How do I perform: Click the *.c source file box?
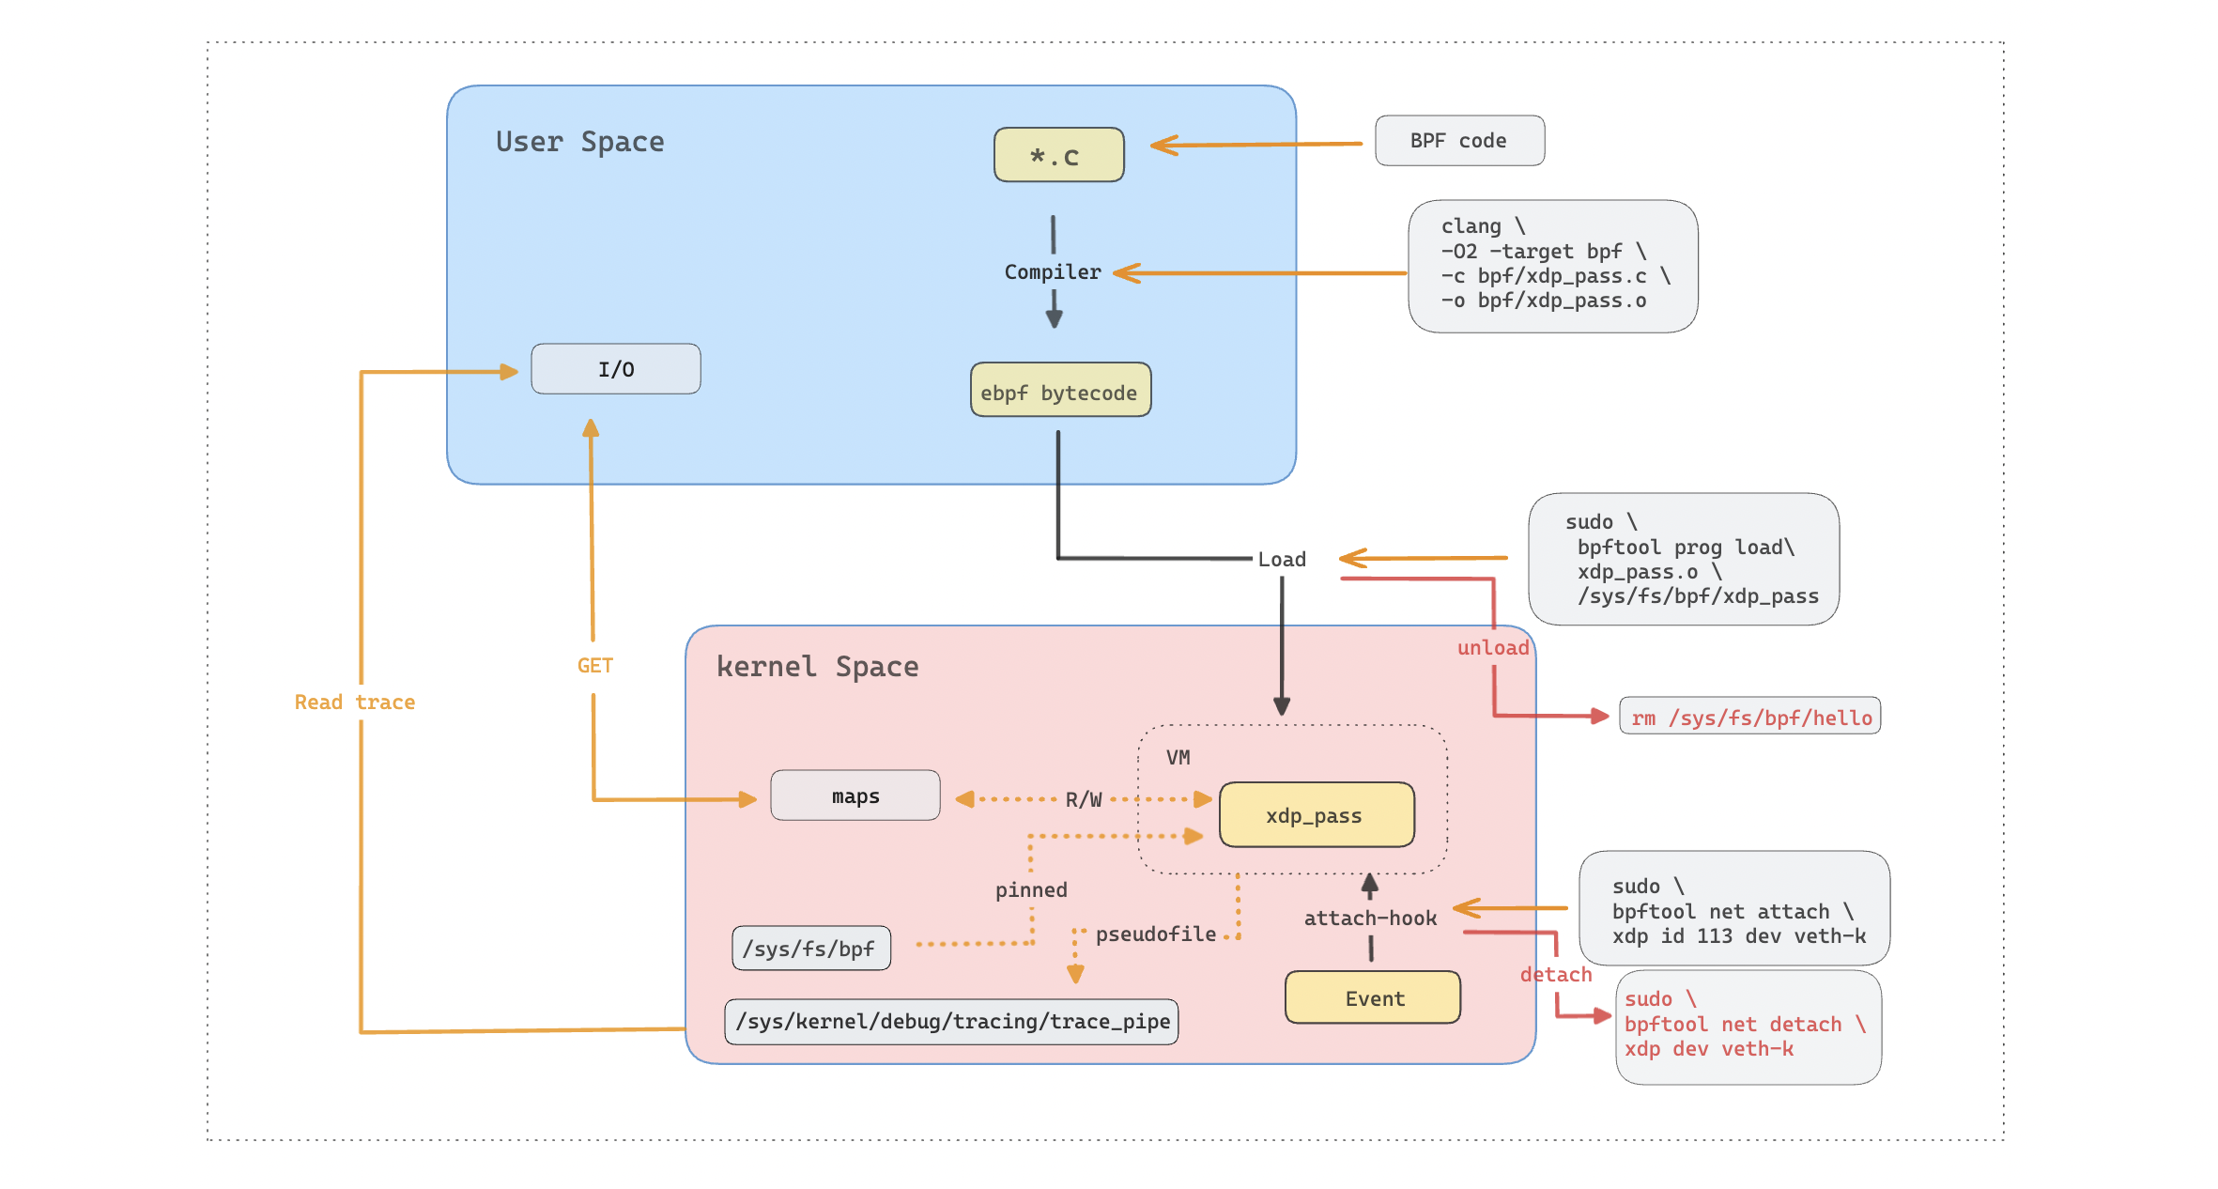(x=1058, y=155)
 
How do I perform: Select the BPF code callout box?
(x=1458, y=141)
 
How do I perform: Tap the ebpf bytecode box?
(x=1059, y=391)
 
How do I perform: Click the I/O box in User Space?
(x=615, y=369)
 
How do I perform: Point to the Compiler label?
(x=1052, y=272)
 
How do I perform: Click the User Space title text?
(x=579, y=142)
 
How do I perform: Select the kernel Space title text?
(x=817, y=667)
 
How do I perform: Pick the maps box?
(x=855, y=796)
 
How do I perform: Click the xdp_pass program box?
(x=1316, y=815)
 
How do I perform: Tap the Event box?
(x=1373, y=997)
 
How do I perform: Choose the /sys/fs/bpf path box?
(x=810, y=949)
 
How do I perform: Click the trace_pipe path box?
(x=951, y=1022)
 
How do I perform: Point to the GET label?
(x=594, y=666)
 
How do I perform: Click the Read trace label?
(x=354, y=703)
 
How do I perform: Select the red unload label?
(x=1492, y=648)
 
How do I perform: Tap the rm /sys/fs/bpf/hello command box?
(x=1749, y=718)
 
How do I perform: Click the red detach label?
(x=1555, y=975)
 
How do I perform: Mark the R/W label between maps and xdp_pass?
(x=1083, y=800)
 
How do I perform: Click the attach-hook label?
(x=1369, y=919)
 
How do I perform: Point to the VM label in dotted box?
(x=1178, y=758)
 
